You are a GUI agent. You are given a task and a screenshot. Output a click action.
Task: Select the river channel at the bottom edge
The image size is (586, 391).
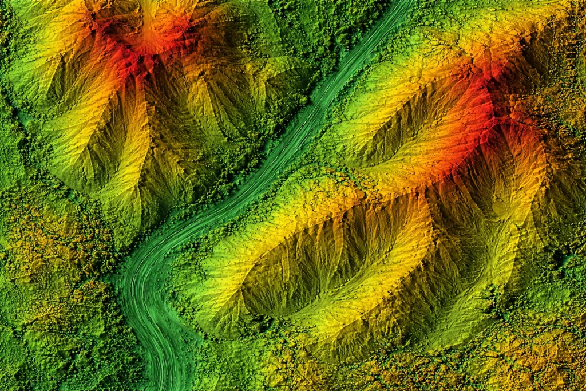pos(166,384)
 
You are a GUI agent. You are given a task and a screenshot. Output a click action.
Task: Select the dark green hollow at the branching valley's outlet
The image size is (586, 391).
pos(492,298)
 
